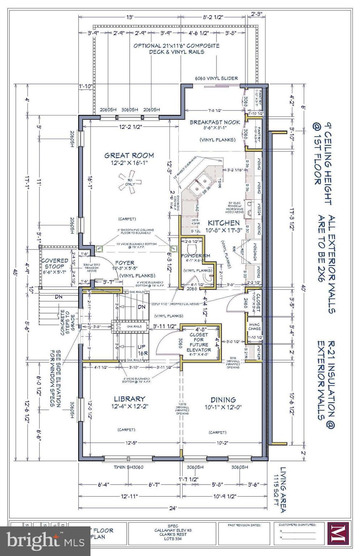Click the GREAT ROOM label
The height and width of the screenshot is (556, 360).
[129, 156]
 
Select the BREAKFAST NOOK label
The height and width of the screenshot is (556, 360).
[215, 122]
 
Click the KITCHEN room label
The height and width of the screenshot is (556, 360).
[223, 223]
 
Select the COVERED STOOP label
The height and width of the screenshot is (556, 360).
[55, 263]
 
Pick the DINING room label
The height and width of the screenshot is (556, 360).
[223, 400]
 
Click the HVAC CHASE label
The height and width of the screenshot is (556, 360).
[254, 326]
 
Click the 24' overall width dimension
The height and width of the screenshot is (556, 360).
[173, 508]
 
